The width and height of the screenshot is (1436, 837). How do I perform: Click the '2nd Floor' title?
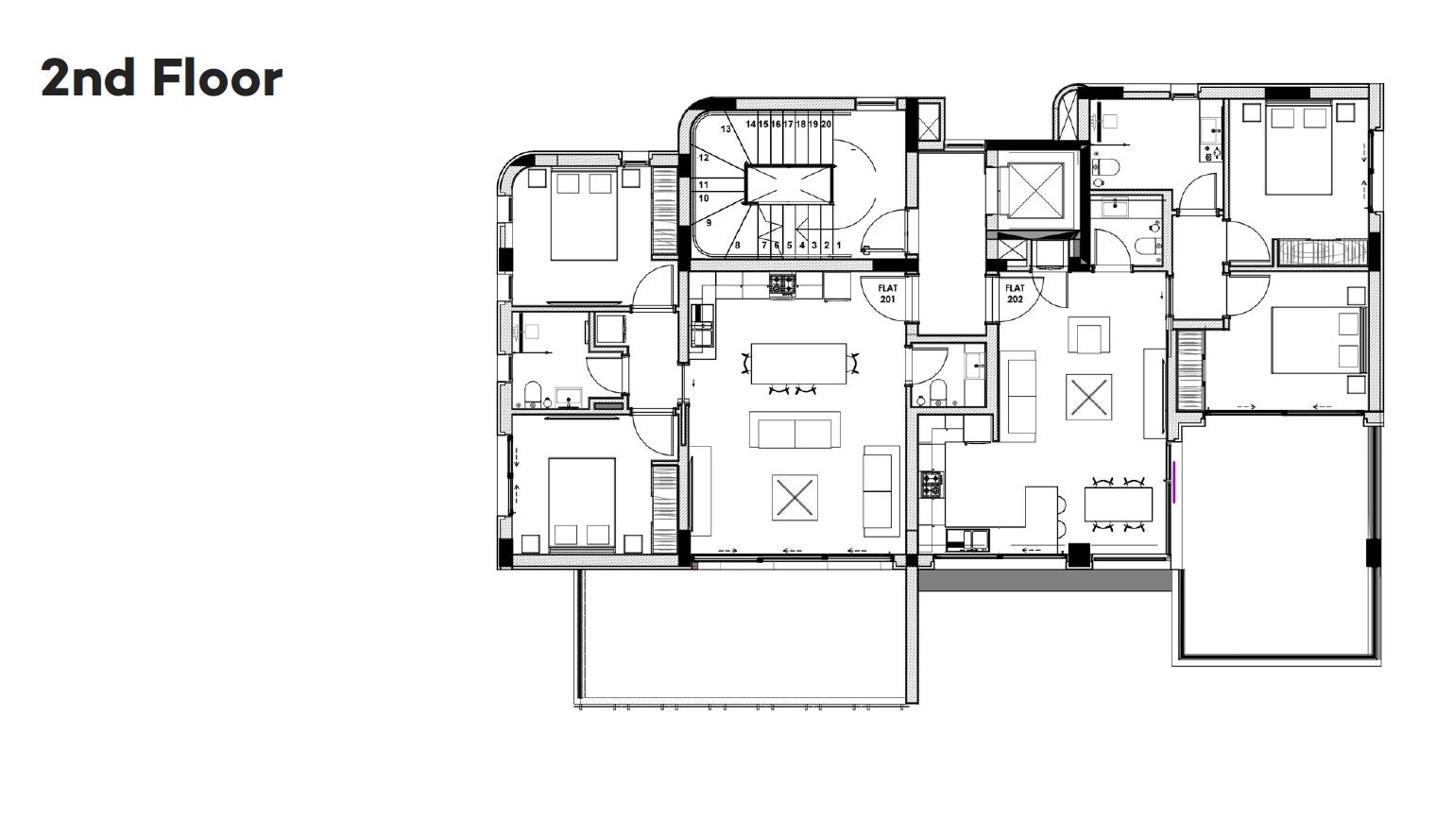pos(162,78)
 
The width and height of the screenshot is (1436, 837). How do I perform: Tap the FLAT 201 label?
pos(888,294)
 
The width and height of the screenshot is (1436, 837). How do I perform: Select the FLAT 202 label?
pos(1015,294)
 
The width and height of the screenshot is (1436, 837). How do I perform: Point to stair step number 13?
pos(726,128)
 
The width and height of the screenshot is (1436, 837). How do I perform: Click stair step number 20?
pos(827,124)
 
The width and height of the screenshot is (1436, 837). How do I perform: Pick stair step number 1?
pos(839,245)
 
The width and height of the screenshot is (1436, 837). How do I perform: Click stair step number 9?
pos(709,223)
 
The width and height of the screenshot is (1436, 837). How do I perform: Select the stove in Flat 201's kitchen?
pos(782,284)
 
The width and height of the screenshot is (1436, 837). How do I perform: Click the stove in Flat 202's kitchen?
pos(932,484)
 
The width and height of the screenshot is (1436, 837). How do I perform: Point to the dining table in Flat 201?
pos(799,364)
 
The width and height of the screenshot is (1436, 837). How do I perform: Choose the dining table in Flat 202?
pos(1118,504)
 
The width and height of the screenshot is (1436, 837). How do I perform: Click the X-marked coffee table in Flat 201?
pos(795,497)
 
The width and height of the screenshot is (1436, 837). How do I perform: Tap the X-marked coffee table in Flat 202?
pos(1088,398)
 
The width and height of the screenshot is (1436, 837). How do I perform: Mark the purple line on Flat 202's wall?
pos(1173,481)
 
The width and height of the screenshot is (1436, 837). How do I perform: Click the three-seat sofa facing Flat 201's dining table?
pos(795,430)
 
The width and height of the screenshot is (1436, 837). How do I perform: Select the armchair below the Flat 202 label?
pos(1088,335)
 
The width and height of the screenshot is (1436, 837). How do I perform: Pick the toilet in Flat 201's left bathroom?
pos(533,395)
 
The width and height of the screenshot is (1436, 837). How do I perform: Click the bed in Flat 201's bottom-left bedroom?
pos(582,504)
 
